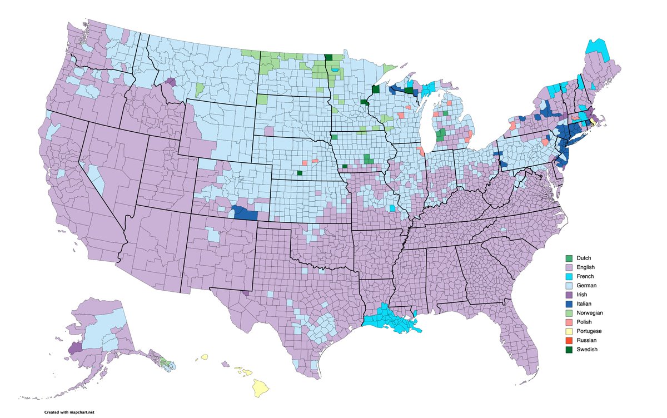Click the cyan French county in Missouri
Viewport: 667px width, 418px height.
pos(392,208)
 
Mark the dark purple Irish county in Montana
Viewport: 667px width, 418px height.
pos(171,82)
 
